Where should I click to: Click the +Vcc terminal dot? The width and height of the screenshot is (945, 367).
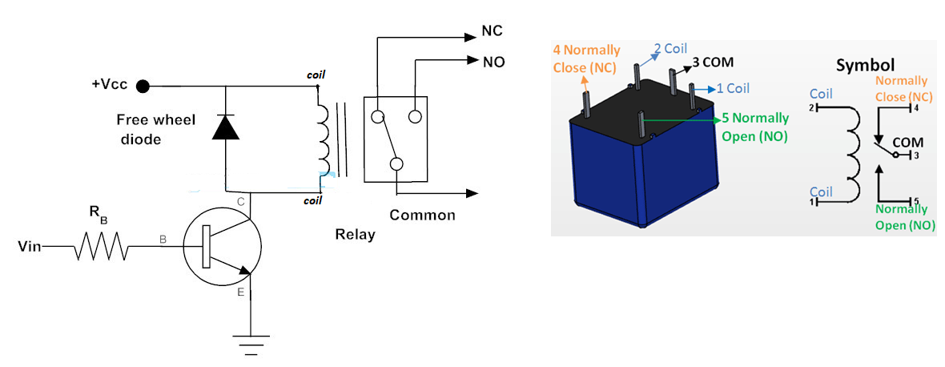143,86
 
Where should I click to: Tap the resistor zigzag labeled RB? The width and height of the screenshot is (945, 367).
102,248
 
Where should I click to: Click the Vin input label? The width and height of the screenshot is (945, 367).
28,247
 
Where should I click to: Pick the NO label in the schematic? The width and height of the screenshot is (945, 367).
493,61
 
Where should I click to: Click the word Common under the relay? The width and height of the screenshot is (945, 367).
422,215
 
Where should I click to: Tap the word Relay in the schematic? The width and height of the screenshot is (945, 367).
354,236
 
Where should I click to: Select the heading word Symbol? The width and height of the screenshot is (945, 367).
865,64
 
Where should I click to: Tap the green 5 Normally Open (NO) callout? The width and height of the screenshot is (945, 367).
754,127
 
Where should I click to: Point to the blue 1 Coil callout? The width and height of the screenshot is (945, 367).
732,87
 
